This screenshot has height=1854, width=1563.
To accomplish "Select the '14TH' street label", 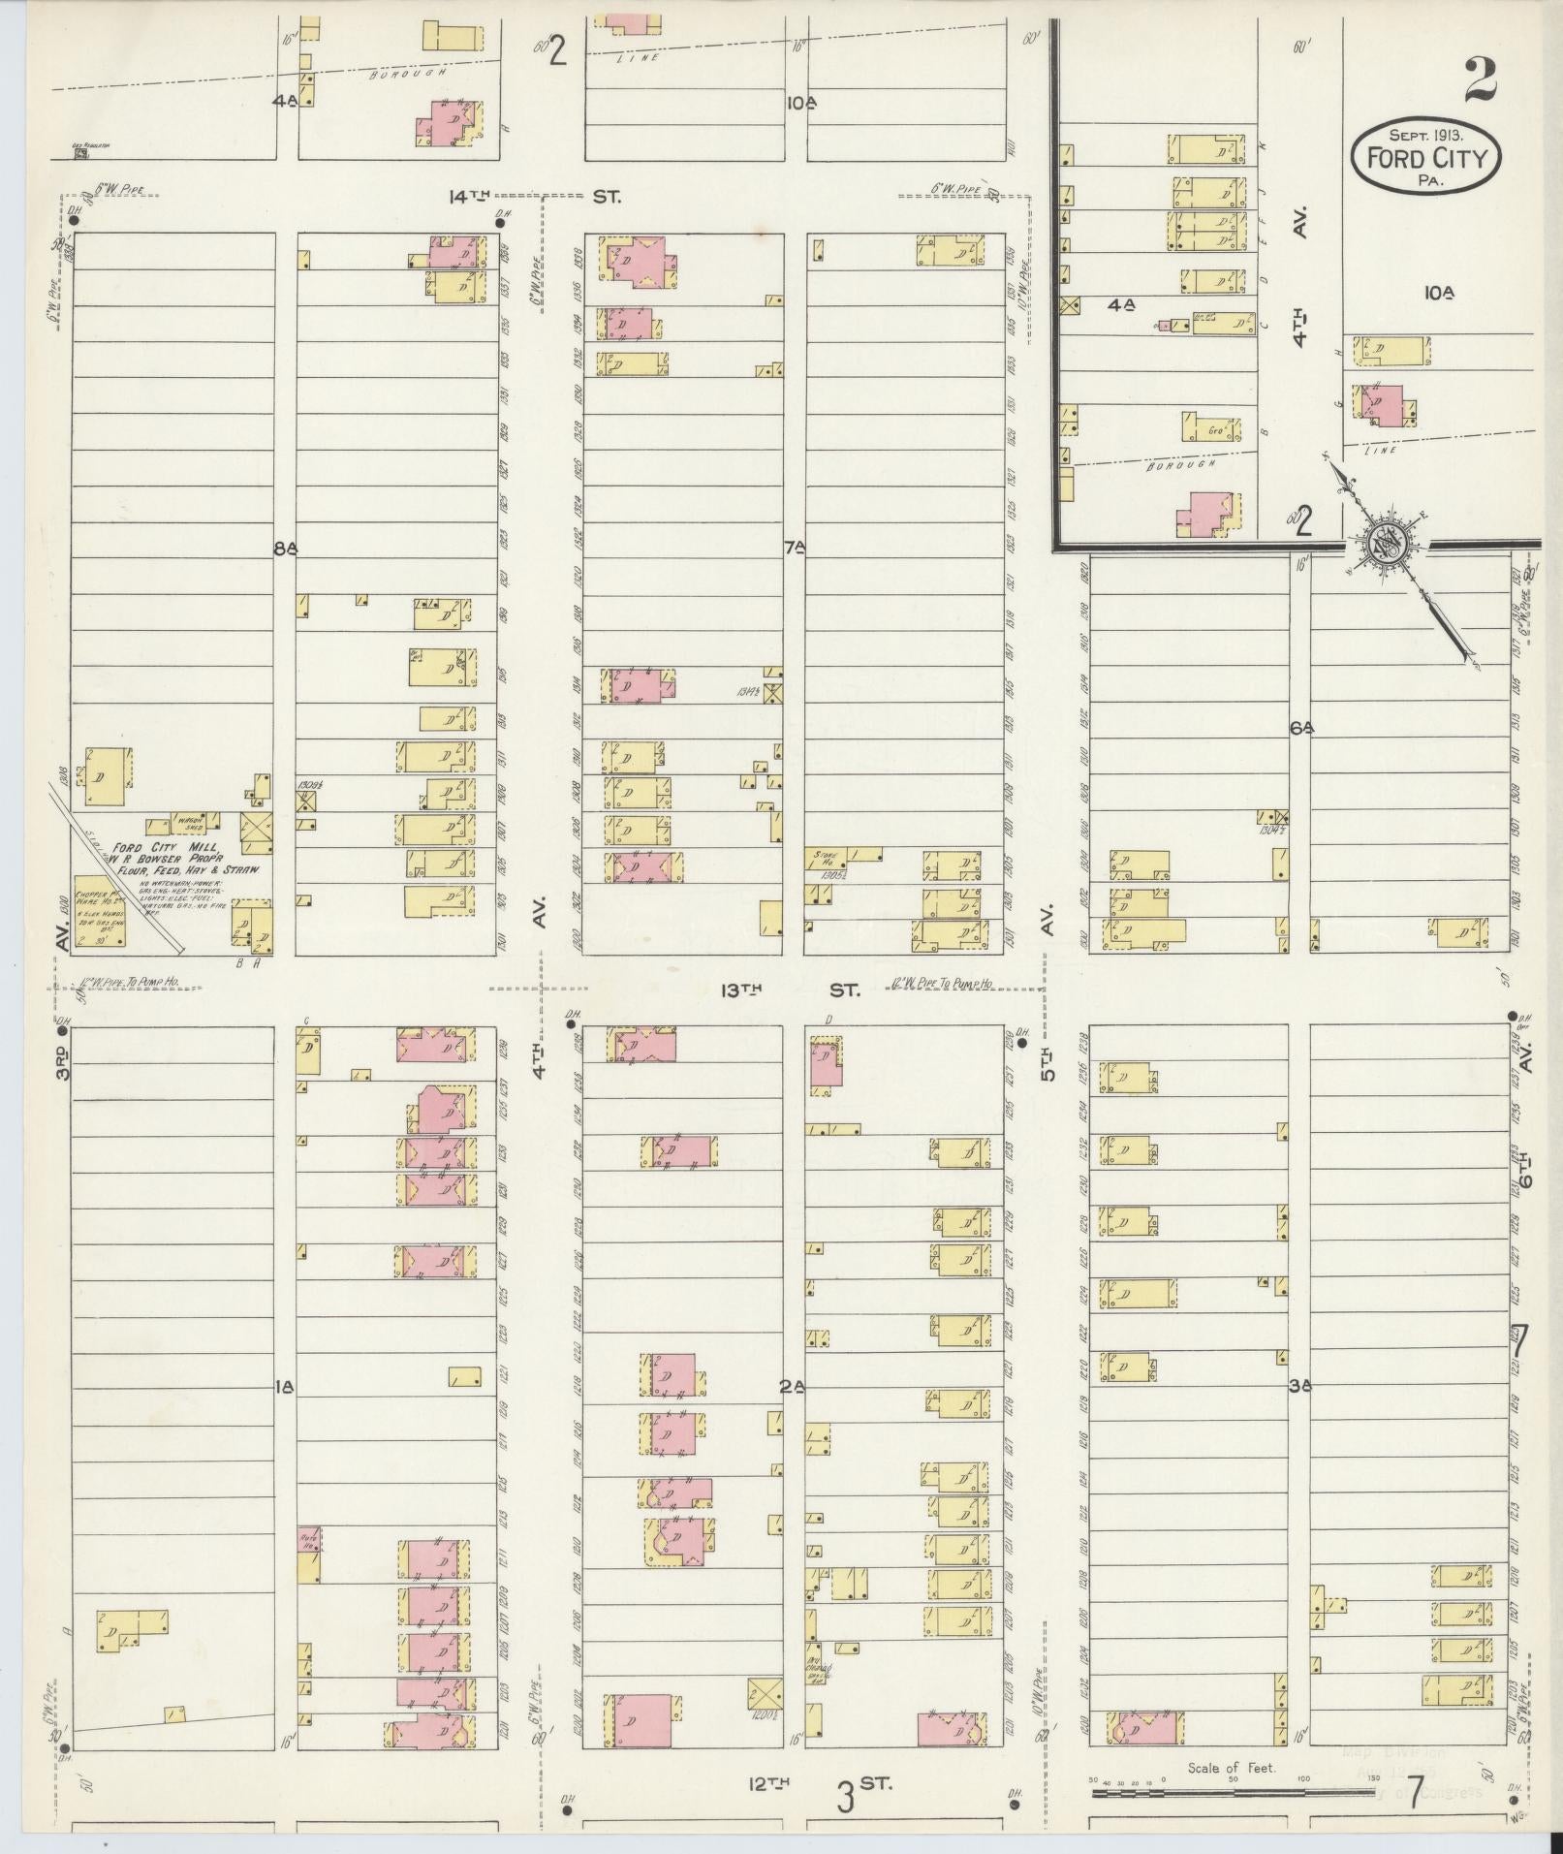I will [x=469, y=197].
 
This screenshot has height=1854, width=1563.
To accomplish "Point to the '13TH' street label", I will [x=741, y=990].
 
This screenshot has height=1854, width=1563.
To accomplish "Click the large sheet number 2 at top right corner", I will [x=1480, y=80].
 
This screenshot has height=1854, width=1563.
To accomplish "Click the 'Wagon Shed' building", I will [x=188, y=822].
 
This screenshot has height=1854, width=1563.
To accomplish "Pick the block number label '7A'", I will [x=795, y=549].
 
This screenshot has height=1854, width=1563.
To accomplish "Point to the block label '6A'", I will [x=1300, y=728].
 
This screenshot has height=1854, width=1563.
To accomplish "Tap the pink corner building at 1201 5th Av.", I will [x=952, y=1729].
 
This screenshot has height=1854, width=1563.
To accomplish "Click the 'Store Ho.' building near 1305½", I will [x=826, y=857].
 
